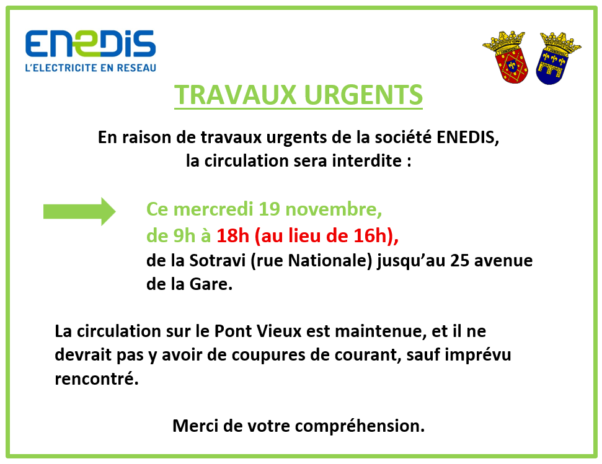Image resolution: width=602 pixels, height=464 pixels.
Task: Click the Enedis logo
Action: point(90,43)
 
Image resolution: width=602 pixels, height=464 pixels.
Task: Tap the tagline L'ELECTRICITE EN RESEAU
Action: point(90,68)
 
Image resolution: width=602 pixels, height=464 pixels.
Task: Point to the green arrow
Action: point(79,211)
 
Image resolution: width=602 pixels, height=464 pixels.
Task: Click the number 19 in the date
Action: point(270,209)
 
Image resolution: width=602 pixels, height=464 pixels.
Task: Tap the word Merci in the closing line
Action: point(193,426)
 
